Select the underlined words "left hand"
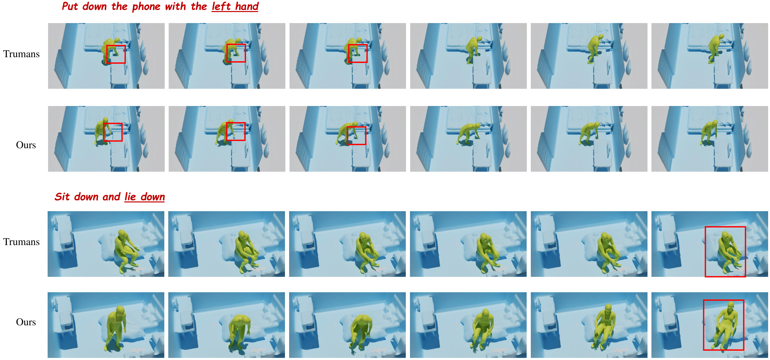[x=235, y=6]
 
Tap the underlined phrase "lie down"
[x=145, y=197]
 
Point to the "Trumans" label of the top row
[x=21, y=54]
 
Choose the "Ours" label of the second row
[x=26, y=145]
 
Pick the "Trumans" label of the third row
[x=21, y=242]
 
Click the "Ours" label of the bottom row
[x=26, y=322]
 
